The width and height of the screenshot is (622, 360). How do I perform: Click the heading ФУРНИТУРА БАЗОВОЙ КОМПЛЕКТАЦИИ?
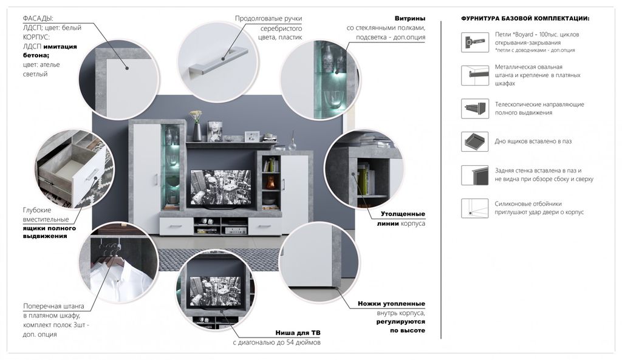525,19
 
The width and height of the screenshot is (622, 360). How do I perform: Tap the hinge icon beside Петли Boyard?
474,42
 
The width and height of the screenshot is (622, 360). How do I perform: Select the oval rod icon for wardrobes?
474,75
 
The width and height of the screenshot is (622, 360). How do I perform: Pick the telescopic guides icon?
474,108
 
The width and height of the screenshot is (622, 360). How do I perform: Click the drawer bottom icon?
474,141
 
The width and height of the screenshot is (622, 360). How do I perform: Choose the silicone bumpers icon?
474,208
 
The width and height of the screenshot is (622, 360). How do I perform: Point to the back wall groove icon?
474,175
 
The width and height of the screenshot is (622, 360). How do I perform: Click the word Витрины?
410,18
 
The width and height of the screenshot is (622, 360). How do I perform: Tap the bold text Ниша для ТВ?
298,333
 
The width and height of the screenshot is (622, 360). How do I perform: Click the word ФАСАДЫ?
38,19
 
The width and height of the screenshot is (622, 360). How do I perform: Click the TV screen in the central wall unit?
220,188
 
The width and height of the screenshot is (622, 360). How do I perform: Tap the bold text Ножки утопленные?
391,304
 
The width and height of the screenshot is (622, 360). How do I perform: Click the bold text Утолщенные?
403,214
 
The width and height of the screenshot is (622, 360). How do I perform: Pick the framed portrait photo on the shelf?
214,131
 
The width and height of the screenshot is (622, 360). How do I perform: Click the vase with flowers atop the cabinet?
197,125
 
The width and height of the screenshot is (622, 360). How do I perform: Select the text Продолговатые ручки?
268,19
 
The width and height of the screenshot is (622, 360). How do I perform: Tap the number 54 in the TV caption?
290,342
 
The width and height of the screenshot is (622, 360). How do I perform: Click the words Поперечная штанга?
53,306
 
